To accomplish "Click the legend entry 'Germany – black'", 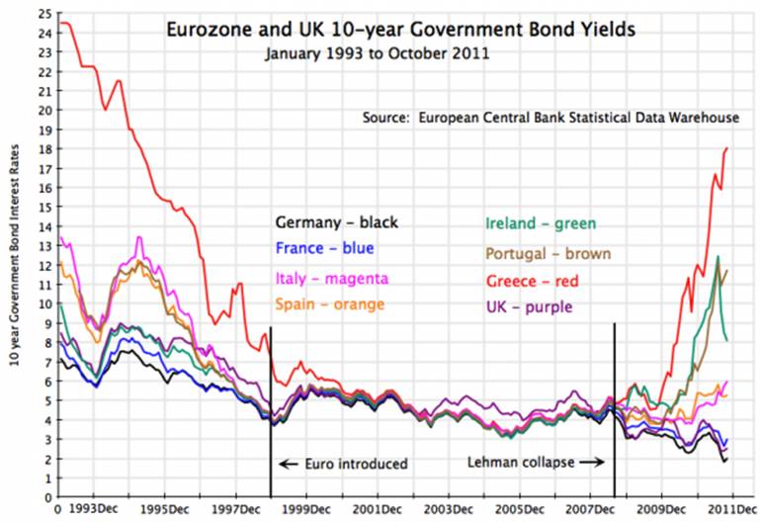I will click(x=337, y=222).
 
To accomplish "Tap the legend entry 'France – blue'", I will click(x=324, y=248).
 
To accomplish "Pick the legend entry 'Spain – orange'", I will click(x=330, y=304).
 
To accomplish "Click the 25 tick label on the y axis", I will click(x=43, y=13).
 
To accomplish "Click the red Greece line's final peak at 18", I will click(x=727, y=148).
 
